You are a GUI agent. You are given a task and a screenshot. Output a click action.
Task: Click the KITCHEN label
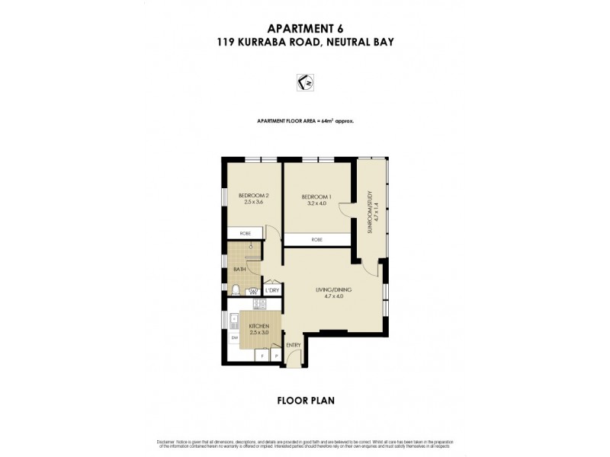[x=259, y=326]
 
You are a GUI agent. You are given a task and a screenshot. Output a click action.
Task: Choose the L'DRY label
[x=273, y=290]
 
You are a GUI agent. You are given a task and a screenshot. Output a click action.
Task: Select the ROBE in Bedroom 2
[x=245, y=233]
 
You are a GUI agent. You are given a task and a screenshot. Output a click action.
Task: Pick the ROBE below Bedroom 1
[x=316, y=240]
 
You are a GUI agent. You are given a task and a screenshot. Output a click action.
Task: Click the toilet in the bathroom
[x=237, y=289]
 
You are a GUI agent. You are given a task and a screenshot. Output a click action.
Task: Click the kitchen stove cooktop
[x=258, y=305]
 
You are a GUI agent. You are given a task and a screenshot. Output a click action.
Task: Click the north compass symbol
[x=304, y=81]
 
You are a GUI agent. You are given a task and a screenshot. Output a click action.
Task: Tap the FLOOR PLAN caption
[x=304, y=398]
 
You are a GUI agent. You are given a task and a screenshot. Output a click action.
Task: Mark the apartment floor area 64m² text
[x=304, y=121]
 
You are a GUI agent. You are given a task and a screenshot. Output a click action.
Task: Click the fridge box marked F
[x=262, y=354]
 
